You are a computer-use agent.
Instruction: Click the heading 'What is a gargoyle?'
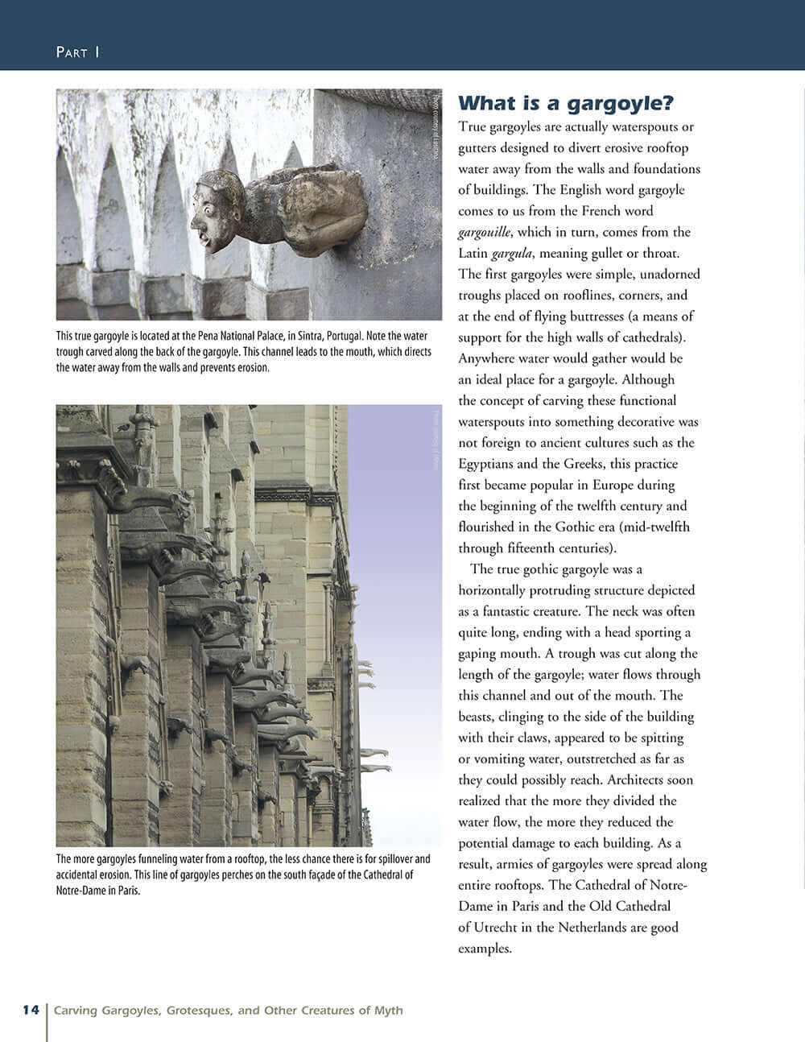tap(565, 103)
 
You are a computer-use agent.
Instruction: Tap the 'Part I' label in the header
tap(77, 52)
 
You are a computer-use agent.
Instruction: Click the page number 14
tap(31, 1010)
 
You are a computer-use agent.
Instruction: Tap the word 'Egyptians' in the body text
tap(488, 464)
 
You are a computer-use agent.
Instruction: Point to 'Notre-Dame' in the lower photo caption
tap(81, 891)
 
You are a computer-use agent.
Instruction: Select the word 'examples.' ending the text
tap(485, 948)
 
